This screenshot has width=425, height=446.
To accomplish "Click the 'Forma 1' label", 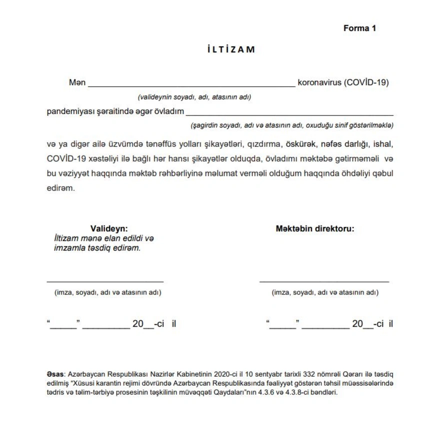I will pyautogui.click(x=359, y=28).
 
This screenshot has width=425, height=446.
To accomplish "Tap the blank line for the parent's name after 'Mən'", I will pyautogui.click(x=191, y=85).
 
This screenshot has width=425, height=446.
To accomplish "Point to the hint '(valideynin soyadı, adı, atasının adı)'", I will pyautogui.click(x=194, y=97).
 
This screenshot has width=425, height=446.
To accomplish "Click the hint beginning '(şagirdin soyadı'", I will pyautogui.click(x=292, y=125).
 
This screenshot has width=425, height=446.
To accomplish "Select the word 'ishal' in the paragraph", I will pyautogui.click(x=385, y=144).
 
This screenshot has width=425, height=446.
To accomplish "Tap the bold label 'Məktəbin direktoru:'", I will pyautogui.click(x=315, y=229).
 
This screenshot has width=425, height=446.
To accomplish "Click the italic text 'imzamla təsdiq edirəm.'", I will pyautogui.click(x=97, y=247).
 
